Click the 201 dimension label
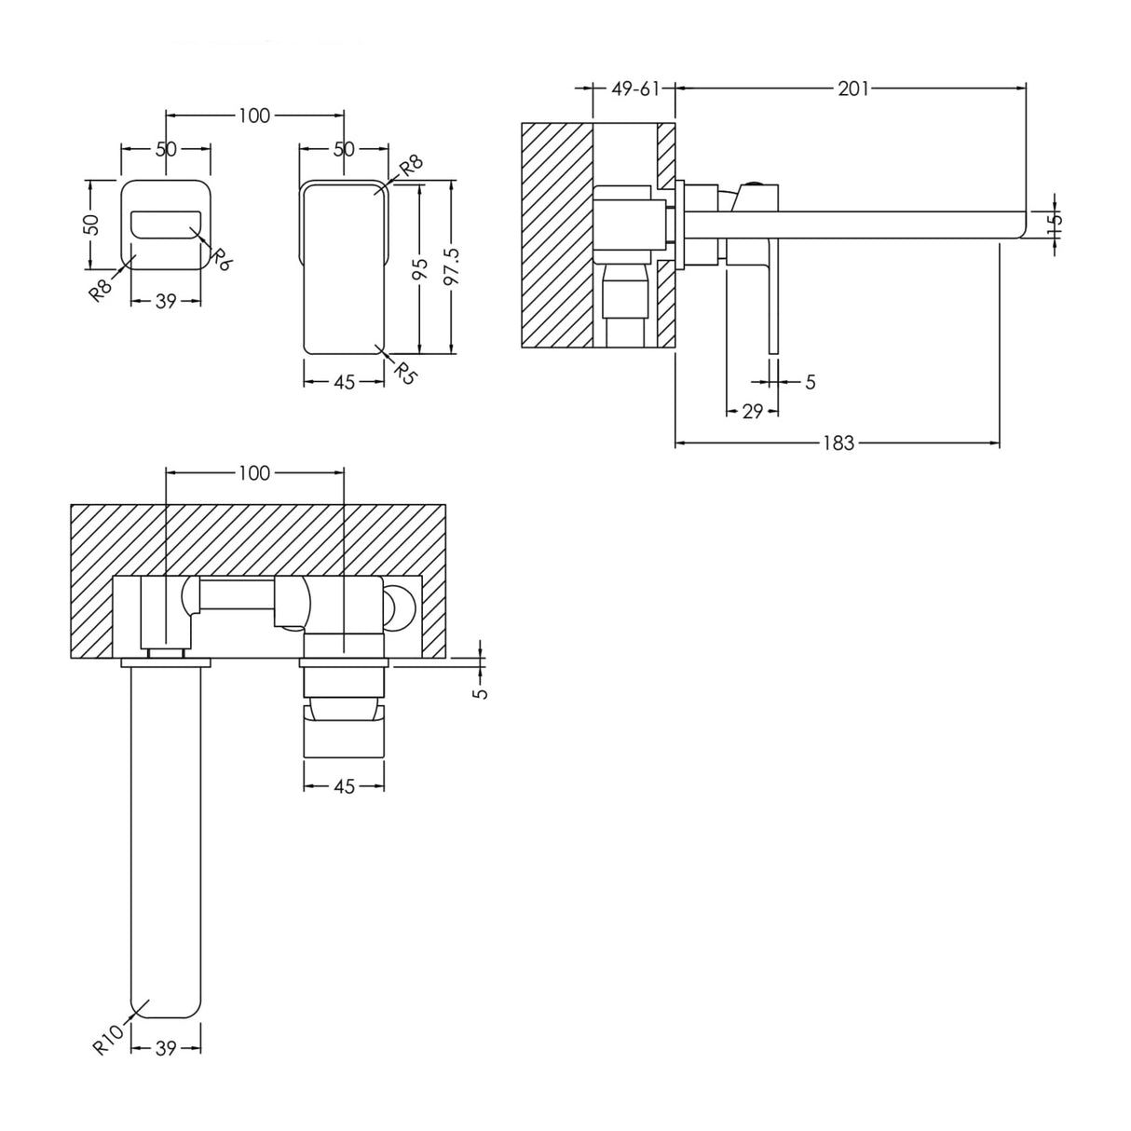pos(852,89)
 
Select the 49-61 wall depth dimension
pos(635,89)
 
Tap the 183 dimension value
pos(838,443)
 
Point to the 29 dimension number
pos(753,411)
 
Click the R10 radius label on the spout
pos(108,1038)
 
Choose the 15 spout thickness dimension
pos(1053,224)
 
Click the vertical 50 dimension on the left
pos(90,225)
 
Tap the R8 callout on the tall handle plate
pos(410,168)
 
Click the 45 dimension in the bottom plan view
pos(344,786)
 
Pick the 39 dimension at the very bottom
pos(166,1048)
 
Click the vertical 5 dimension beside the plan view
pos(480,691)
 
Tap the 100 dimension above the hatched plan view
pos(253,473)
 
